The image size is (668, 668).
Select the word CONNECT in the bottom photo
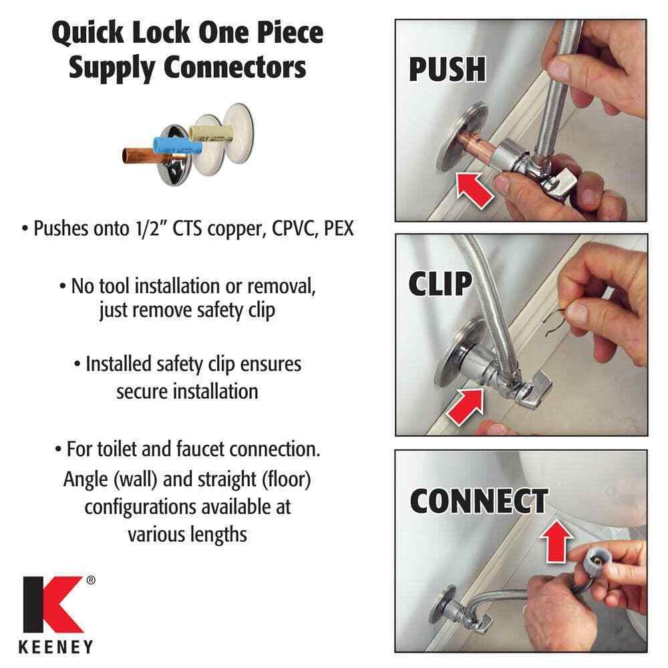click(479, 502)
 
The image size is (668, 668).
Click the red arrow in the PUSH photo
click(474, 189)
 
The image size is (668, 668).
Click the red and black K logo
click(53, 604)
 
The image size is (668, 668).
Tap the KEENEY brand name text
click(55, 647)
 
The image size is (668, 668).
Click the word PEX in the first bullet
click(339, 228)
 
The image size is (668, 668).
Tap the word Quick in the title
click(88, 33)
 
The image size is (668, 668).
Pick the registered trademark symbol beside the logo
click(91, 580)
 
